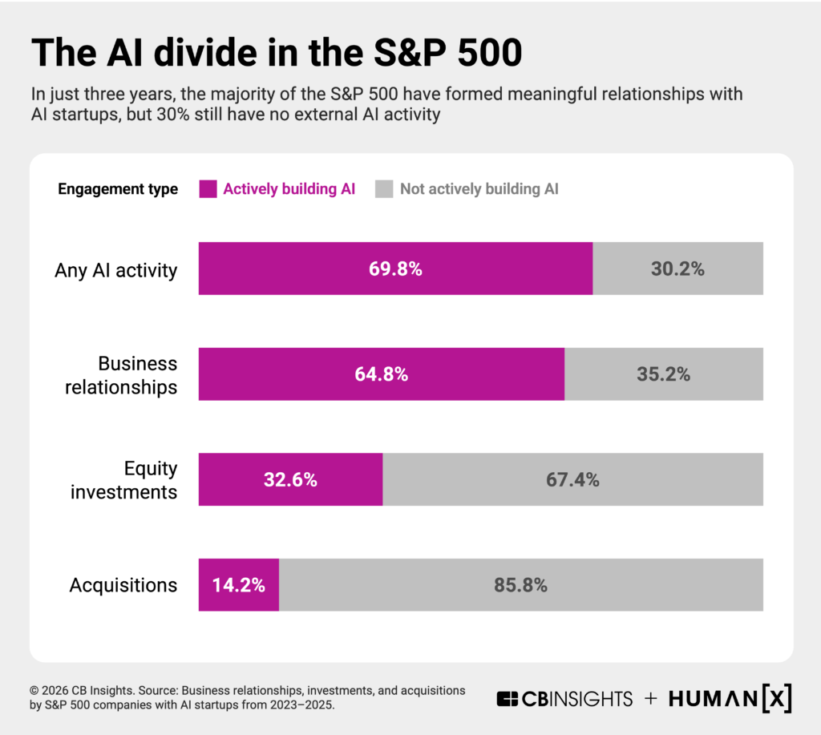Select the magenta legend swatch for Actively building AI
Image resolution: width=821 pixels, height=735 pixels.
(208, 189)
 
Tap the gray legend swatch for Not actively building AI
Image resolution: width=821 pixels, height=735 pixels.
(385, 189)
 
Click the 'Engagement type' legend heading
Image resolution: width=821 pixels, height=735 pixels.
(118, 190)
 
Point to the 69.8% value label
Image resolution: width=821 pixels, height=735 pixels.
(395, 269)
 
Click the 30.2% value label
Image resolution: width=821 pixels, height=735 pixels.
(677, 269)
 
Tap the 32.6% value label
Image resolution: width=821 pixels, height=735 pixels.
(290, 480)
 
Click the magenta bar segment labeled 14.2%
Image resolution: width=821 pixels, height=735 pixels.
(238, 585)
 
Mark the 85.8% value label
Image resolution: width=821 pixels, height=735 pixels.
(520, 585)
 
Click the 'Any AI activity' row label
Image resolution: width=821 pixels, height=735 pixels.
(115, 270)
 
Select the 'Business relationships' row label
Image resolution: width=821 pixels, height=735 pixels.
(121, 375)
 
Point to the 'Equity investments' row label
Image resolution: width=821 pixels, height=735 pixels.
(124, 480)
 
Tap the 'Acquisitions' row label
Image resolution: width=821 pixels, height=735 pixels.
(123, 585)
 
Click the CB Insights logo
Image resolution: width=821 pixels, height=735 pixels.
(564, 699)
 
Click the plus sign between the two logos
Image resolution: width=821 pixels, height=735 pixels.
(651, 699)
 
